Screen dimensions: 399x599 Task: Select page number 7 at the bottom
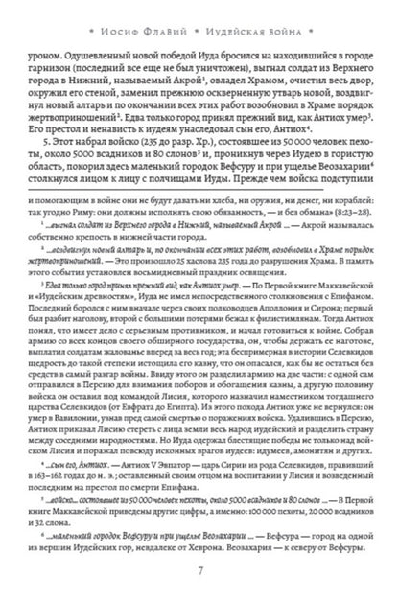(199, 573)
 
